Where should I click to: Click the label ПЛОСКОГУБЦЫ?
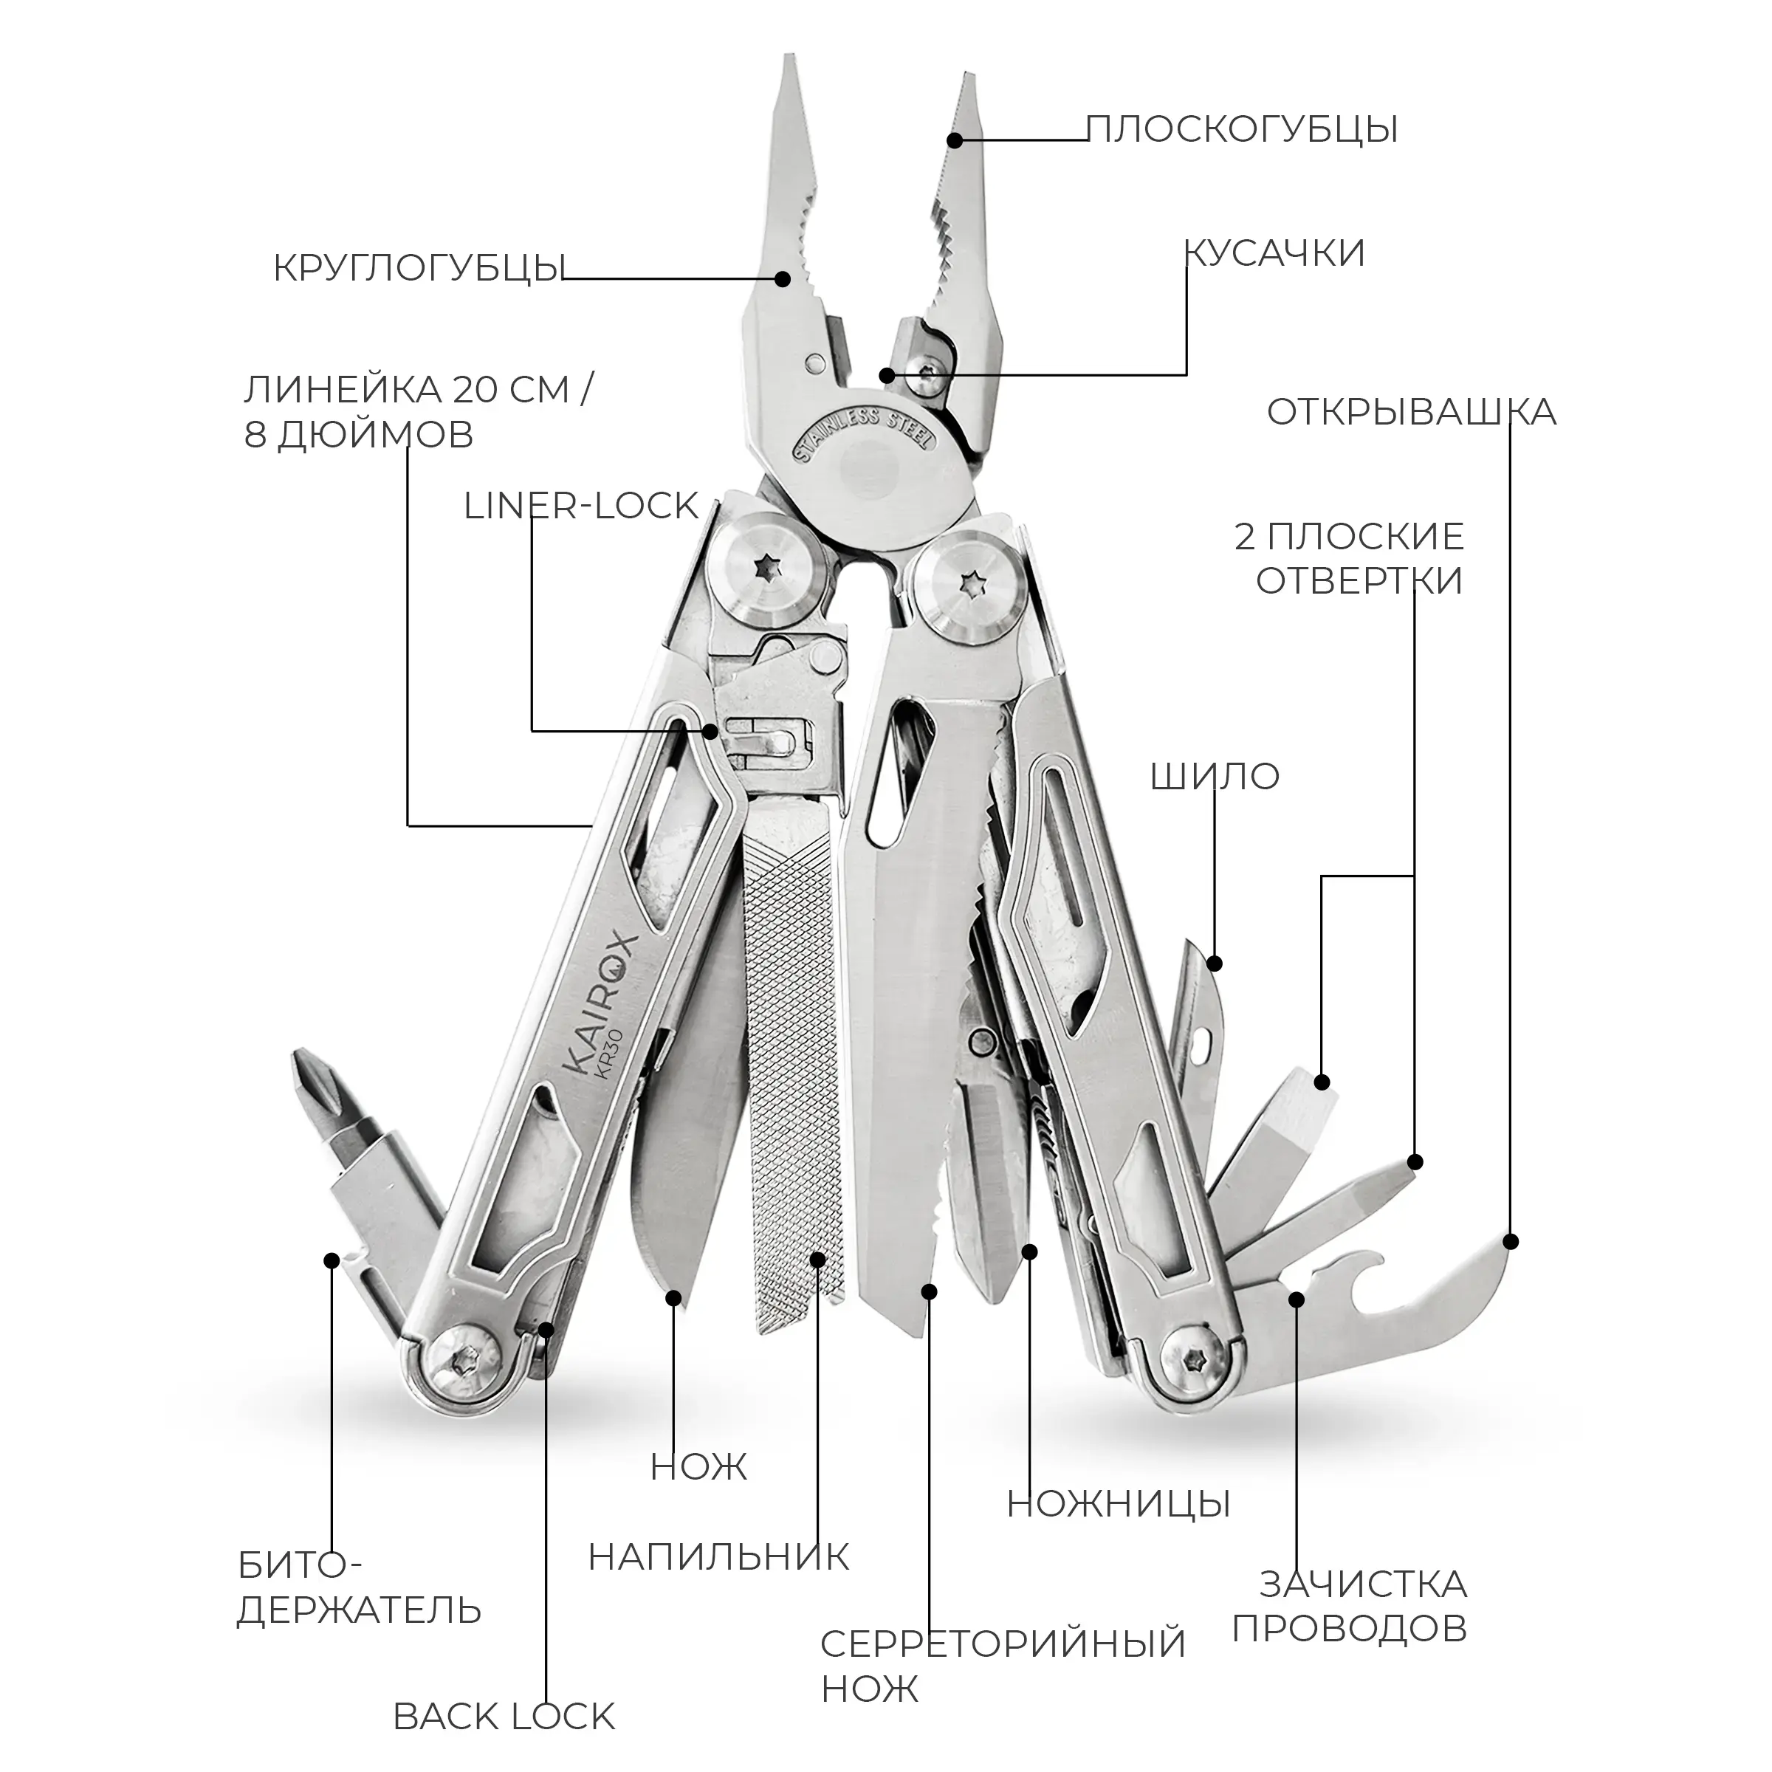[1242, 129]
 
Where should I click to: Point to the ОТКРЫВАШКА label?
[1411, 413]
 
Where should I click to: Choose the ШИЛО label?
[1215, 777]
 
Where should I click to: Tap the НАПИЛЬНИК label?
[718, 1557]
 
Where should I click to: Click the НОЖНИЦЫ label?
[1118, 1504]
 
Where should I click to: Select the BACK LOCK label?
[504, 1717]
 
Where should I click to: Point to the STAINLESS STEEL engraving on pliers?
[860, 434]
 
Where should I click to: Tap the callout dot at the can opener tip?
[1511, 1242]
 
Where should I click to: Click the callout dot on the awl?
[1215, 963]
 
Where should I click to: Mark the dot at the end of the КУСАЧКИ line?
[885, 374]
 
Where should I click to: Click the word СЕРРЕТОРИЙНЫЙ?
[1003, 1644]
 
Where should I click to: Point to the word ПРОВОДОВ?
[1349, 1628]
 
